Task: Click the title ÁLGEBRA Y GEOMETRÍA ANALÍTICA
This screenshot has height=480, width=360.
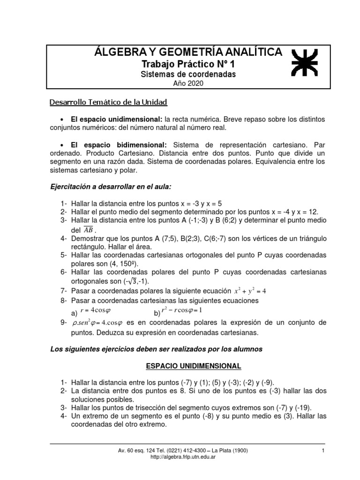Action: (x=188, y=52)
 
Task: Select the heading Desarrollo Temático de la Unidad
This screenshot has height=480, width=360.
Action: (x=108, y=102)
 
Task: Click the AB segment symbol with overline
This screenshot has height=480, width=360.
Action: (x=88, y=230)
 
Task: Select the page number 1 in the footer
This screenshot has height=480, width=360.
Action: (x=323, y=450)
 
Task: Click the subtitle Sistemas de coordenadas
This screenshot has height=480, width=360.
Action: (x=188, y=74)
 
